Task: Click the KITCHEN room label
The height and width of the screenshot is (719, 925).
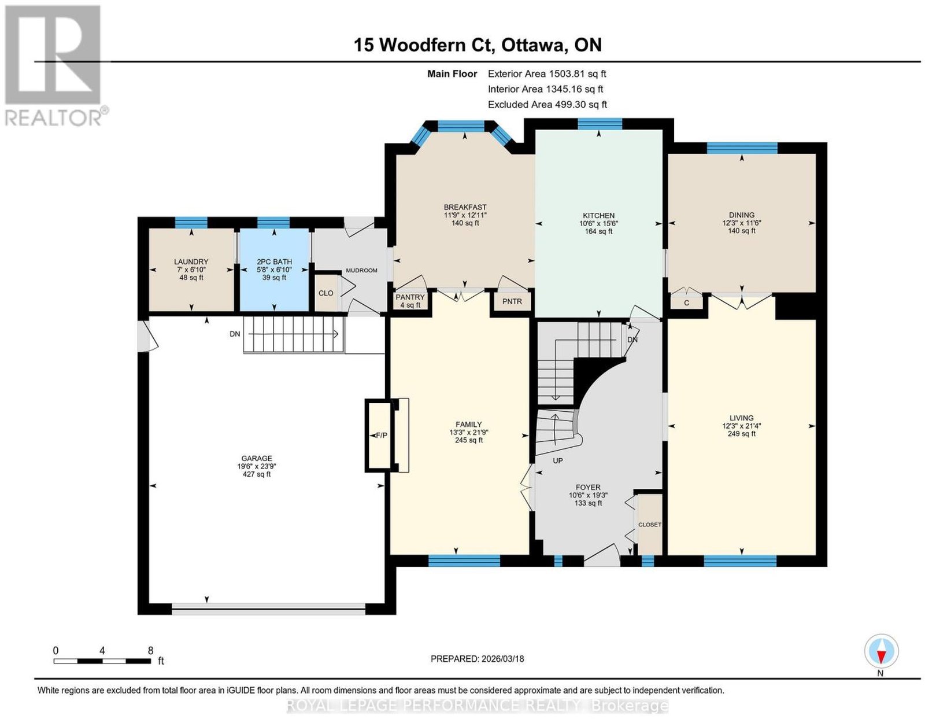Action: (x=598, y=215)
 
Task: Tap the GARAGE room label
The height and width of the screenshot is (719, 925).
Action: (x=256, y=458)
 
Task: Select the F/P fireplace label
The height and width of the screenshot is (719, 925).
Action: (x=381, y=435)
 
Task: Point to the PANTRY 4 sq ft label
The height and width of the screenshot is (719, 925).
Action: (x=410, y=301)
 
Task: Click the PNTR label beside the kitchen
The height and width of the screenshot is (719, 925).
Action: (x=512, y=301)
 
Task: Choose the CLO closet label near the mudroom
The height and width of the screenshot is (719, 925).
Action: (x=325, y=293)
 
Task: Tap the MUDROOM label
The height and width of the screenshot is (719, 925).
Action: (x=361, y=270)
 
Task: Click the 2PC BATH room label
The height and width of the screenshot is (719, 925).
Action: (x=274, y=262)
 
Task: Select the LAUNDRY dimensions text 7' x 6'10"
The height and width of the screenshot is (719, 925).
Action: (x=191, y=270)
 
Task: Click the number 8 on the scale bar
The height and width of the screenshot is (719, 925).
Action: (x=150, y=651)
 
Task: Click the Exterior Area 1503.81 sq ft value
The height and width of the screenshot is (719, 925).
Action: (x=577, y=73)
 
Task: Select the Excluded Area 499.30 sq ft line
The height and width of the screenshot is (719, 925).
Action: (x=547, y=104)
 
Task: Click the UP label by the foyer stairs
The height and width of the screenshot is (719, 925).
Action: (x=558, y=460)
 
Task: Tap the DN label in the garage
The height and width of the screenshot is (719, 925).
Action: (x=235, y=334)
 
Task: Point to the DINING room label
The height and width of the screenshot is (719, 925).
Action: (x=742, y=215)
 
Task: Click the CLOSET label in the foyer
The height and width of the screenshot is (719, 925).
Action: (x=650, y=525)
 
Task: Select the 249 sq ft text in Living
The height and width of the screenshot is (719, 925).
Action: (x=742, y=434)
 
